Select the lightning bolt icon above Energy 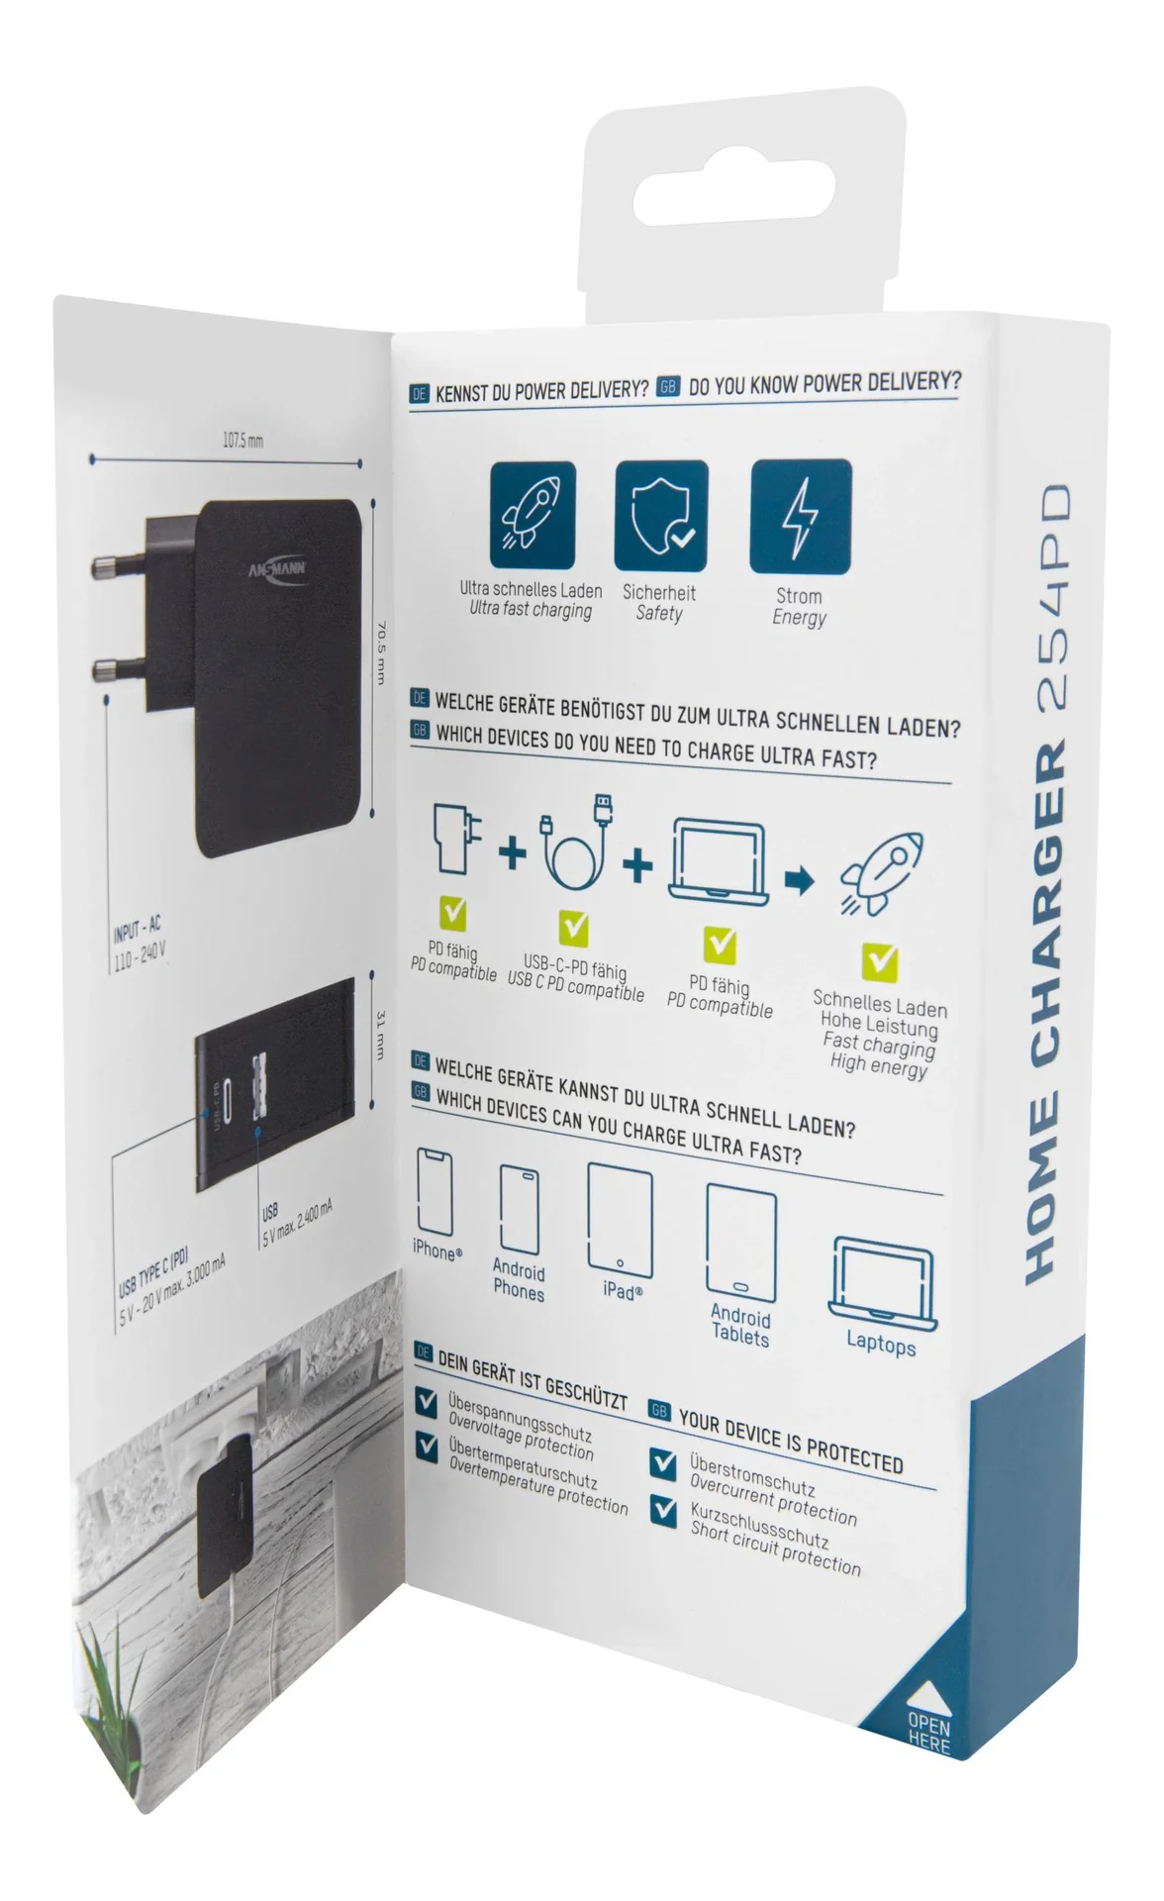(800, 516)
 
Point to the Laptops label (881, 1344)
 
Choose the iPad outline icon (621, 1217)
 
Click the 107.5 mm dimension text (242, 440)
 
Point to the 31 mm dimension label (378, 1035)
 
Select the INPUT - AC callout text (137, 931)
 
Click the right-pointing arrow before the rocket (800, 879)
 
